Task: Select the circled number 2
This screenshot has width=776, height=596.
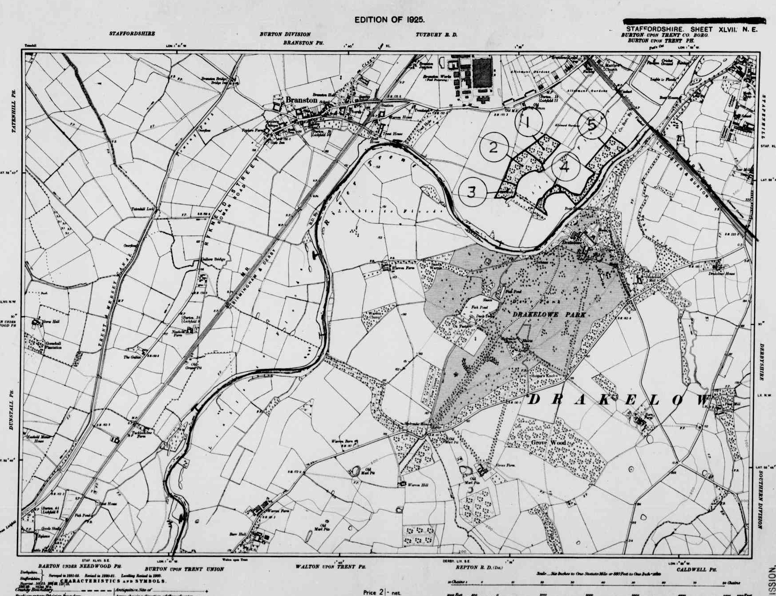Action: pyautogui.click(x=493, y=147)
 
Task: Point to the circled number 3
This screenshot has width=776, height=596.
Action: pyautogui.click(x=471, y=192)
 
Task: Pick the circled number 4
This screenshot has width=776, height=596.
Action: pyautogui.click(x=566, y=167)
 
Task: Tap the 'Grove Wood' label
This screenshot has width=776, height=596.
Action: pyautogui.click(x=548, y=443)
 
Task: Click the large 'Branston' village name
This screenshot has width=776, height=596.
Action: pyautogui.click(x=301, y=100)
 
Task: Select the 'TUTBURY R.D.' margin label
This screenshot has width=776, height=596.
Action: pyautogui.click(x=436, y=35)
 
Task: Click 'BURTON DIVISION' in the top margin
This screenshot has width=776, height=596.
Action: pyautogui.click(x=285, y=34)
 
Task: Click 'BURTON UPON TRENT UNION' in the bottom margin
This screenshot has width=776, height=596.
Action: pyautogui.click(x=184, y=569)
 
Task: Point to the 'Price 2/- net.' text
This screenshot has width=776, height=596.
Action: pyautogui.click(x=382, y=592)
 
